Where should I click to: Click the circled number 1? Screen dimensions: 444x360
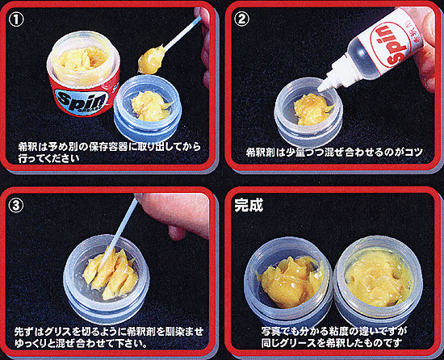pos(16,19)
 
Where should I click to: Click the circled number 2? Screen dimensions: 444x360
pos(242,19)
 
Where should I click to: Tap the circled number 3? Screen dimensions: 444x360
pos(16,205)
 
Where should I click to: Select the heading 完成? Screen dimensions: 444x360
pos(249,205)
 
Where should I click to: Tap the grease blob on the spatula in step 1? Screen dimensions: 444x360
pos(152,61)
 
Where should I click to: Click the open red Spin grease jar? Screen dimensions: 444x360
pos(83,74)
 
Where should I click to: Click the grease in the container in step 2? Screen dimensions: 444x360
pos(312,109)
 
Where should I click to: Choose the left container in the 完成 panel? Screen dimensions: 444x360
pos(288,282)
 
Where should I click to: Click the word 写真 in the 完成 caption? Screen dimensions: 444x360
pos(271,331)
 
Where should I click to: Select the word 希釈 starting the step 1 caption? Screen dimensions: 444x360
pos(27,147)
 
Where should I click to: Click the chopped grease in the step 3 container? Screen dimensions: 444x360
pos(111,273)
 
